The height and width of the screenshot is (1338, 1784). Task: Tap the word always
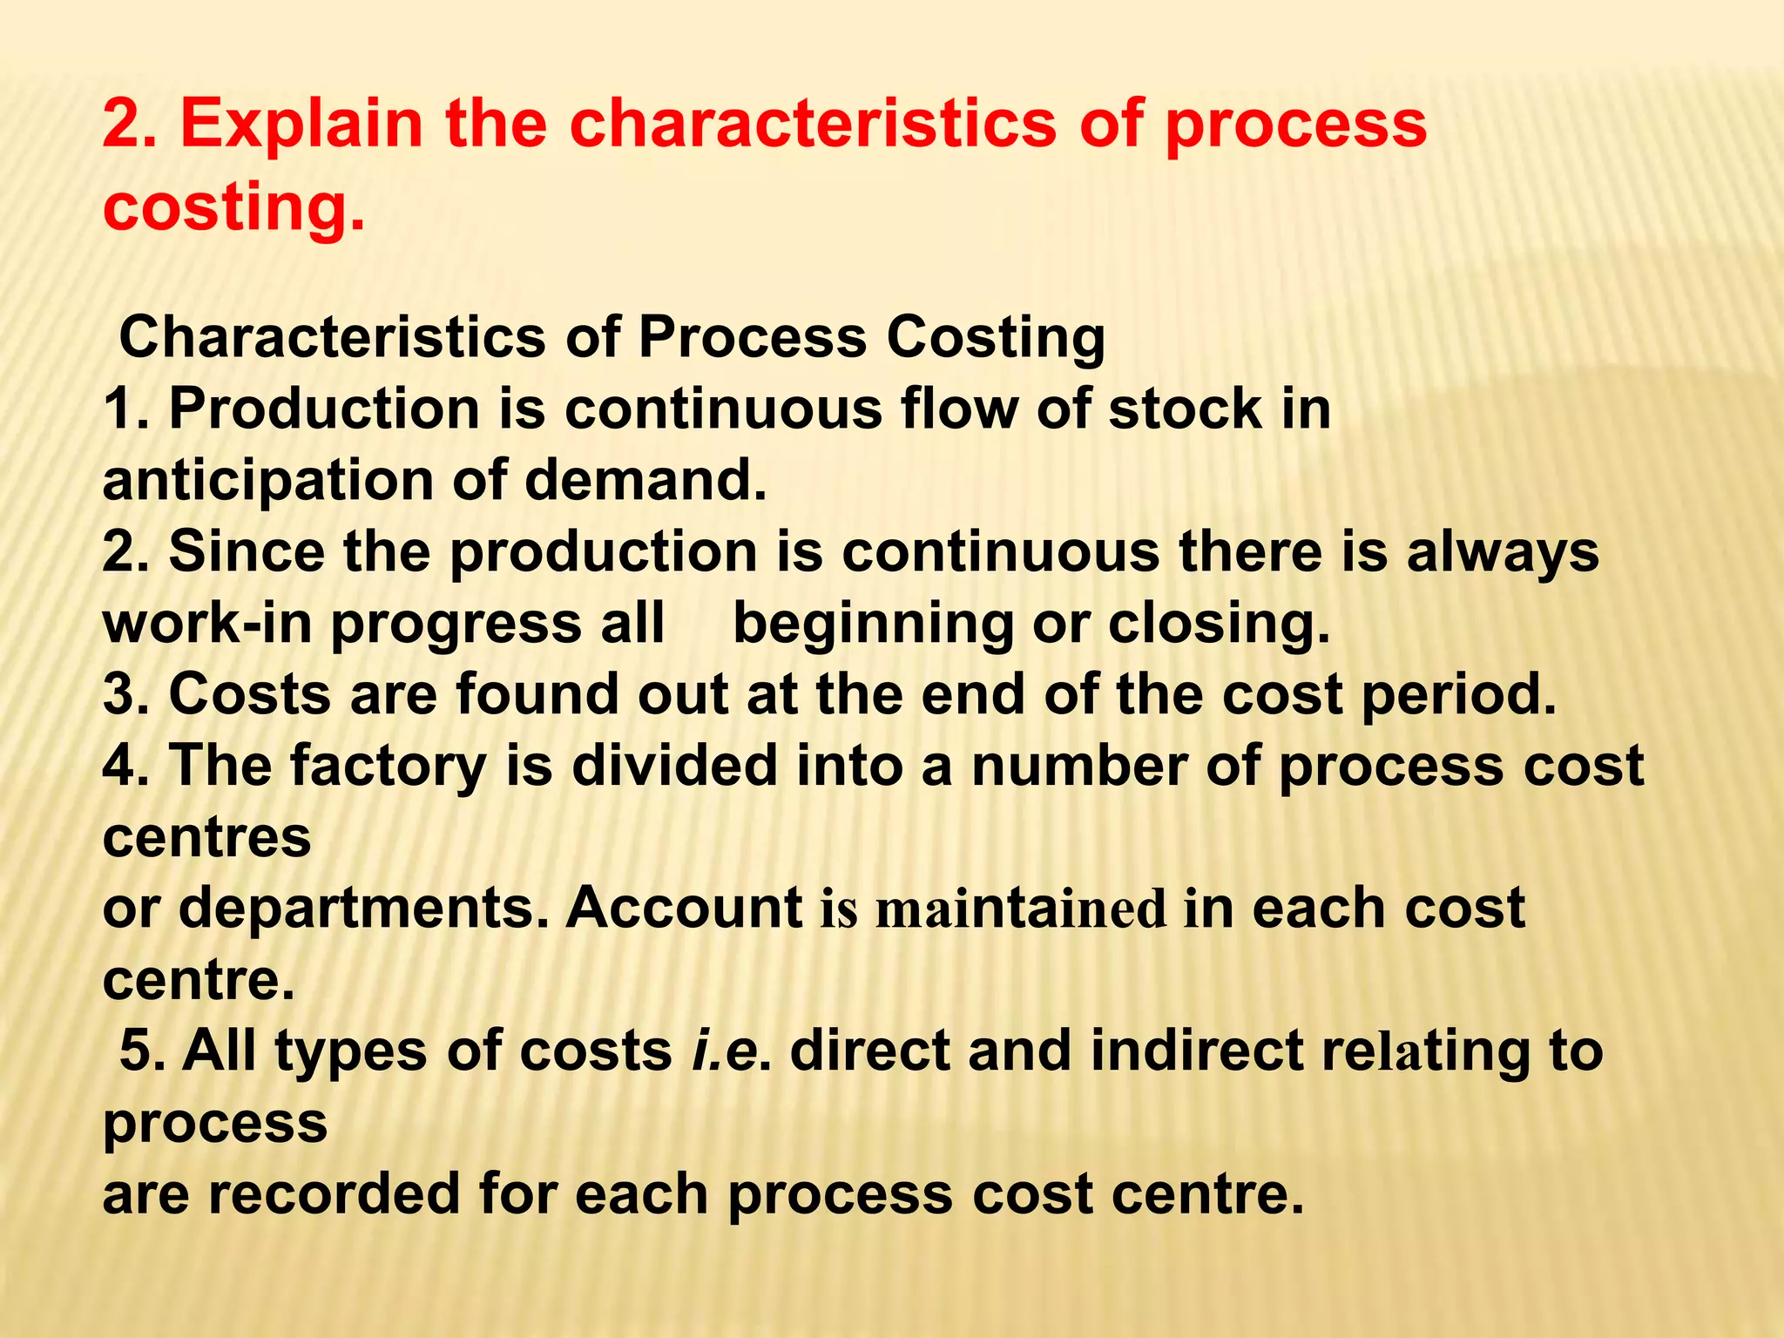(x=1503, y=553)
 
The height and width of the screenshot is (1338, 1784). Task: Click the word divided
(x=673, y=766)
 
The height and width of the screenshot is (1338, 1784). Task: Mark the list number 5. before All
(x=141, y=1051)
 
